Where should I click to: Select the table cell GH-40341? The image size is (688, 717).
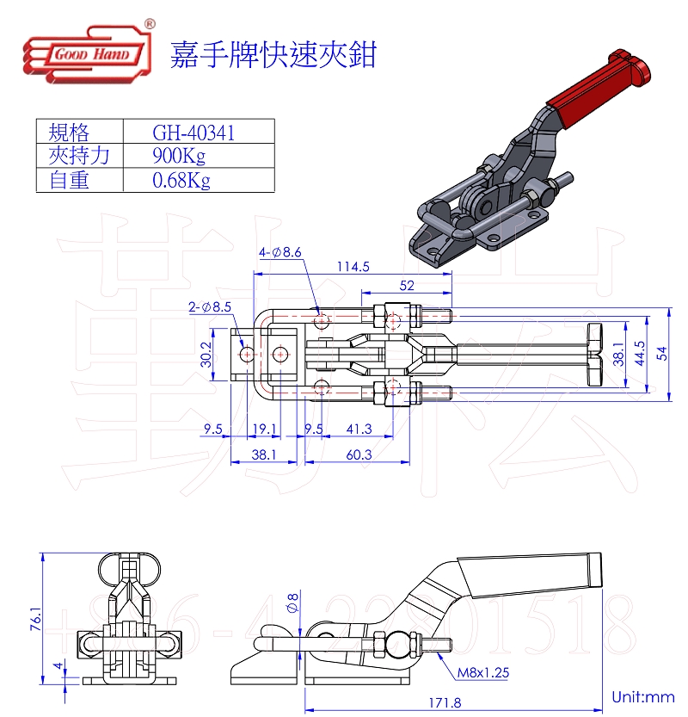click(193, 133)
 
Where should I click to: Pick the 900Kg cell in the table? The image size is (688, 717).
click(179, 156)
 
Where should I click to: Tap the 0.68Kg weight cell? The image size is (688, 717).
click(181, 180)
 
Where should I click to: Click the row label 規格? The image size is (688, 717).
click(69, 133)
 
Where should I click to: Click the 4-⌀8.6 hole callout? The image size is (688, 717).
click(280, 252)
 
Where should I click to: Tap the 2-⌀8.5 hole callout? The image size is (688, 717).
click(211, 306)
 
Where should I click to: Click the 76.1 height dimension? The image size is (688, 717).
click(34, 620)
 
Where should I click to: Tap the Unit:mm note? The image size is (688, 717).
click(642, 696)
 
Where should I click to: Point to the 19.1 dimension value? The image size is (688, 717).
click(264, 429)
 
